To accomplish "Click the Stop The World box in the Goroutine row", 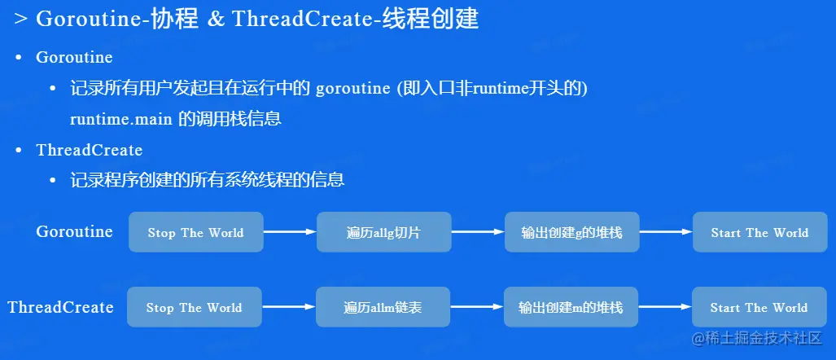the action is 195,232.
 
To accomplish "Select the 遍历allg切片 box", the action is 384,232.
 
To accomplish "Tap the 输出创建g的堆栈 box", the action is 572,232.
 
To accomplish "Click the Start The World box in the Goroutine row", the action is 759,232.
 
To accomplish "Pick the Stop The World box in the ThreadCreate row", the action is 194,307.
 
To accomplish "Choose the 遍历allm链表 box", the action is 383,307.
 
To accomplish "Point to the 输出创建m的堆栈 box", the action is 571,307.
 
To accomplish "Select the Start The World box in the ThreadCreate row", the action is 759,307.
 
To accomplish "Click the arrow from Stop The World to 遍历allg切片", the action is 290,232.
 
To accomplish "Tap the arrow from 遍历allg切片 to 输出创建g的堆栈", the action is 479,232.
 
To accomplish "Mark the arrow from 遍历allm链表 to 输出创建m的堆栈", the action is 477,307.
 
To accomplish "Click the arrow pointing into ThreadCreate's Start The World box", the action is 665,307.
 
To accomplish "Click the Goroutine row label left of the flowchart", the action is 75,231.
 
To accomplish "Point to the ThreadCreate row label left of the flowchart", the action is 61,307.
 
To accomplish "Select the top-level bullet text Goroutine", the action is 74,58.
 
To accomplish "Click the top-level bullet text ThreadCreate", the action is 90,151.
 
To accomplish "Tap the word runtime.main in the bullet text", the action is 121,119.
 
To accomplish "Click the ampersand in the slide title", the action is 216,20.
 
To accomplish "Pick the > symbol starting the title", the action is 21,20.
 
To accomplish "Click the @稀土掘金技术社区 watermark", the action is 757,338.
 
